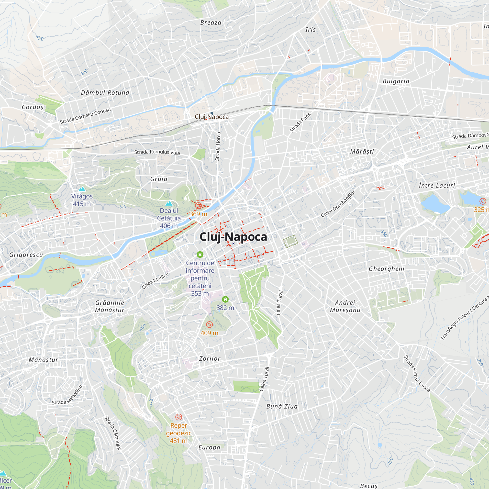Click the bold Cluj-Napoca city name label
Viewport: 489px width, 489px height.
[x=233, y=237]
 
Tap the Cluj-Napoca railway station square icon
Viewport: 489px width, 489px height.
[x=211, y=113]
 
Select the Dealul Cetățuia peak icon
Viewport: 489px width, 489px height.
[x=169, y=203]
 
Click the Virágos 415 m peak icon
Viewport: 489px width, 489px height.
[x=82, y=189]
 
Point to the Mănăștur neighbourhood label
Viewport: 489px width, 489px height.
[x=44, y=360]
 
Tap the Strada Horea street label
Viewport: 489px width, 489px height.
[x=218, y=146]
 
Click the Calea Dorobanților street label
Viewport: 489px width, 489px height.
[x=338, y=204]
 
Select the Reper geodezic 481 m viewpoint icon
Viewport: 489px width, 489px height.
[x=179, y=417]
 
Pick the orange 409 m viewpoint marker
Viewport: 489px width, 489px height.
[x=209, y=324]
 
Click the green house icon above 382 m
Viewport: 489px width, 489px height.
[x=225, y=300]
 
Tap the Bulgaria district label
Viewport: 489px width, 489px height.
[x=396, y=81]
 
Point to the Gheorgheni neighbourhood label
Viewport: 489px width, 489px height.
[x=387, y=269]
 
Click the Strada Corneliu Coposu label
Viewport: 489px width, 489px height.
[x=85, y=116]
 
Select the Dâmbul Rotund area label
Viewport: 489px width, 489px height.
[x=105, y=93]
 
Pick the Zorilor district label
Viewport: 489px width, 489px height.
[x=210, y=359]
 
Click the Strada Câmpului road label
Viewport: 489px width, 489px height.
[x=113, y=433]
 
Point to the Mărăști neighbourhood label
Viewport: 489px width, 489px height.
[x=362, y=152]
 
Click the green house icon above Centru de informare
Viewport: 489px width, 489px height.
[x=200, y=254]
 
